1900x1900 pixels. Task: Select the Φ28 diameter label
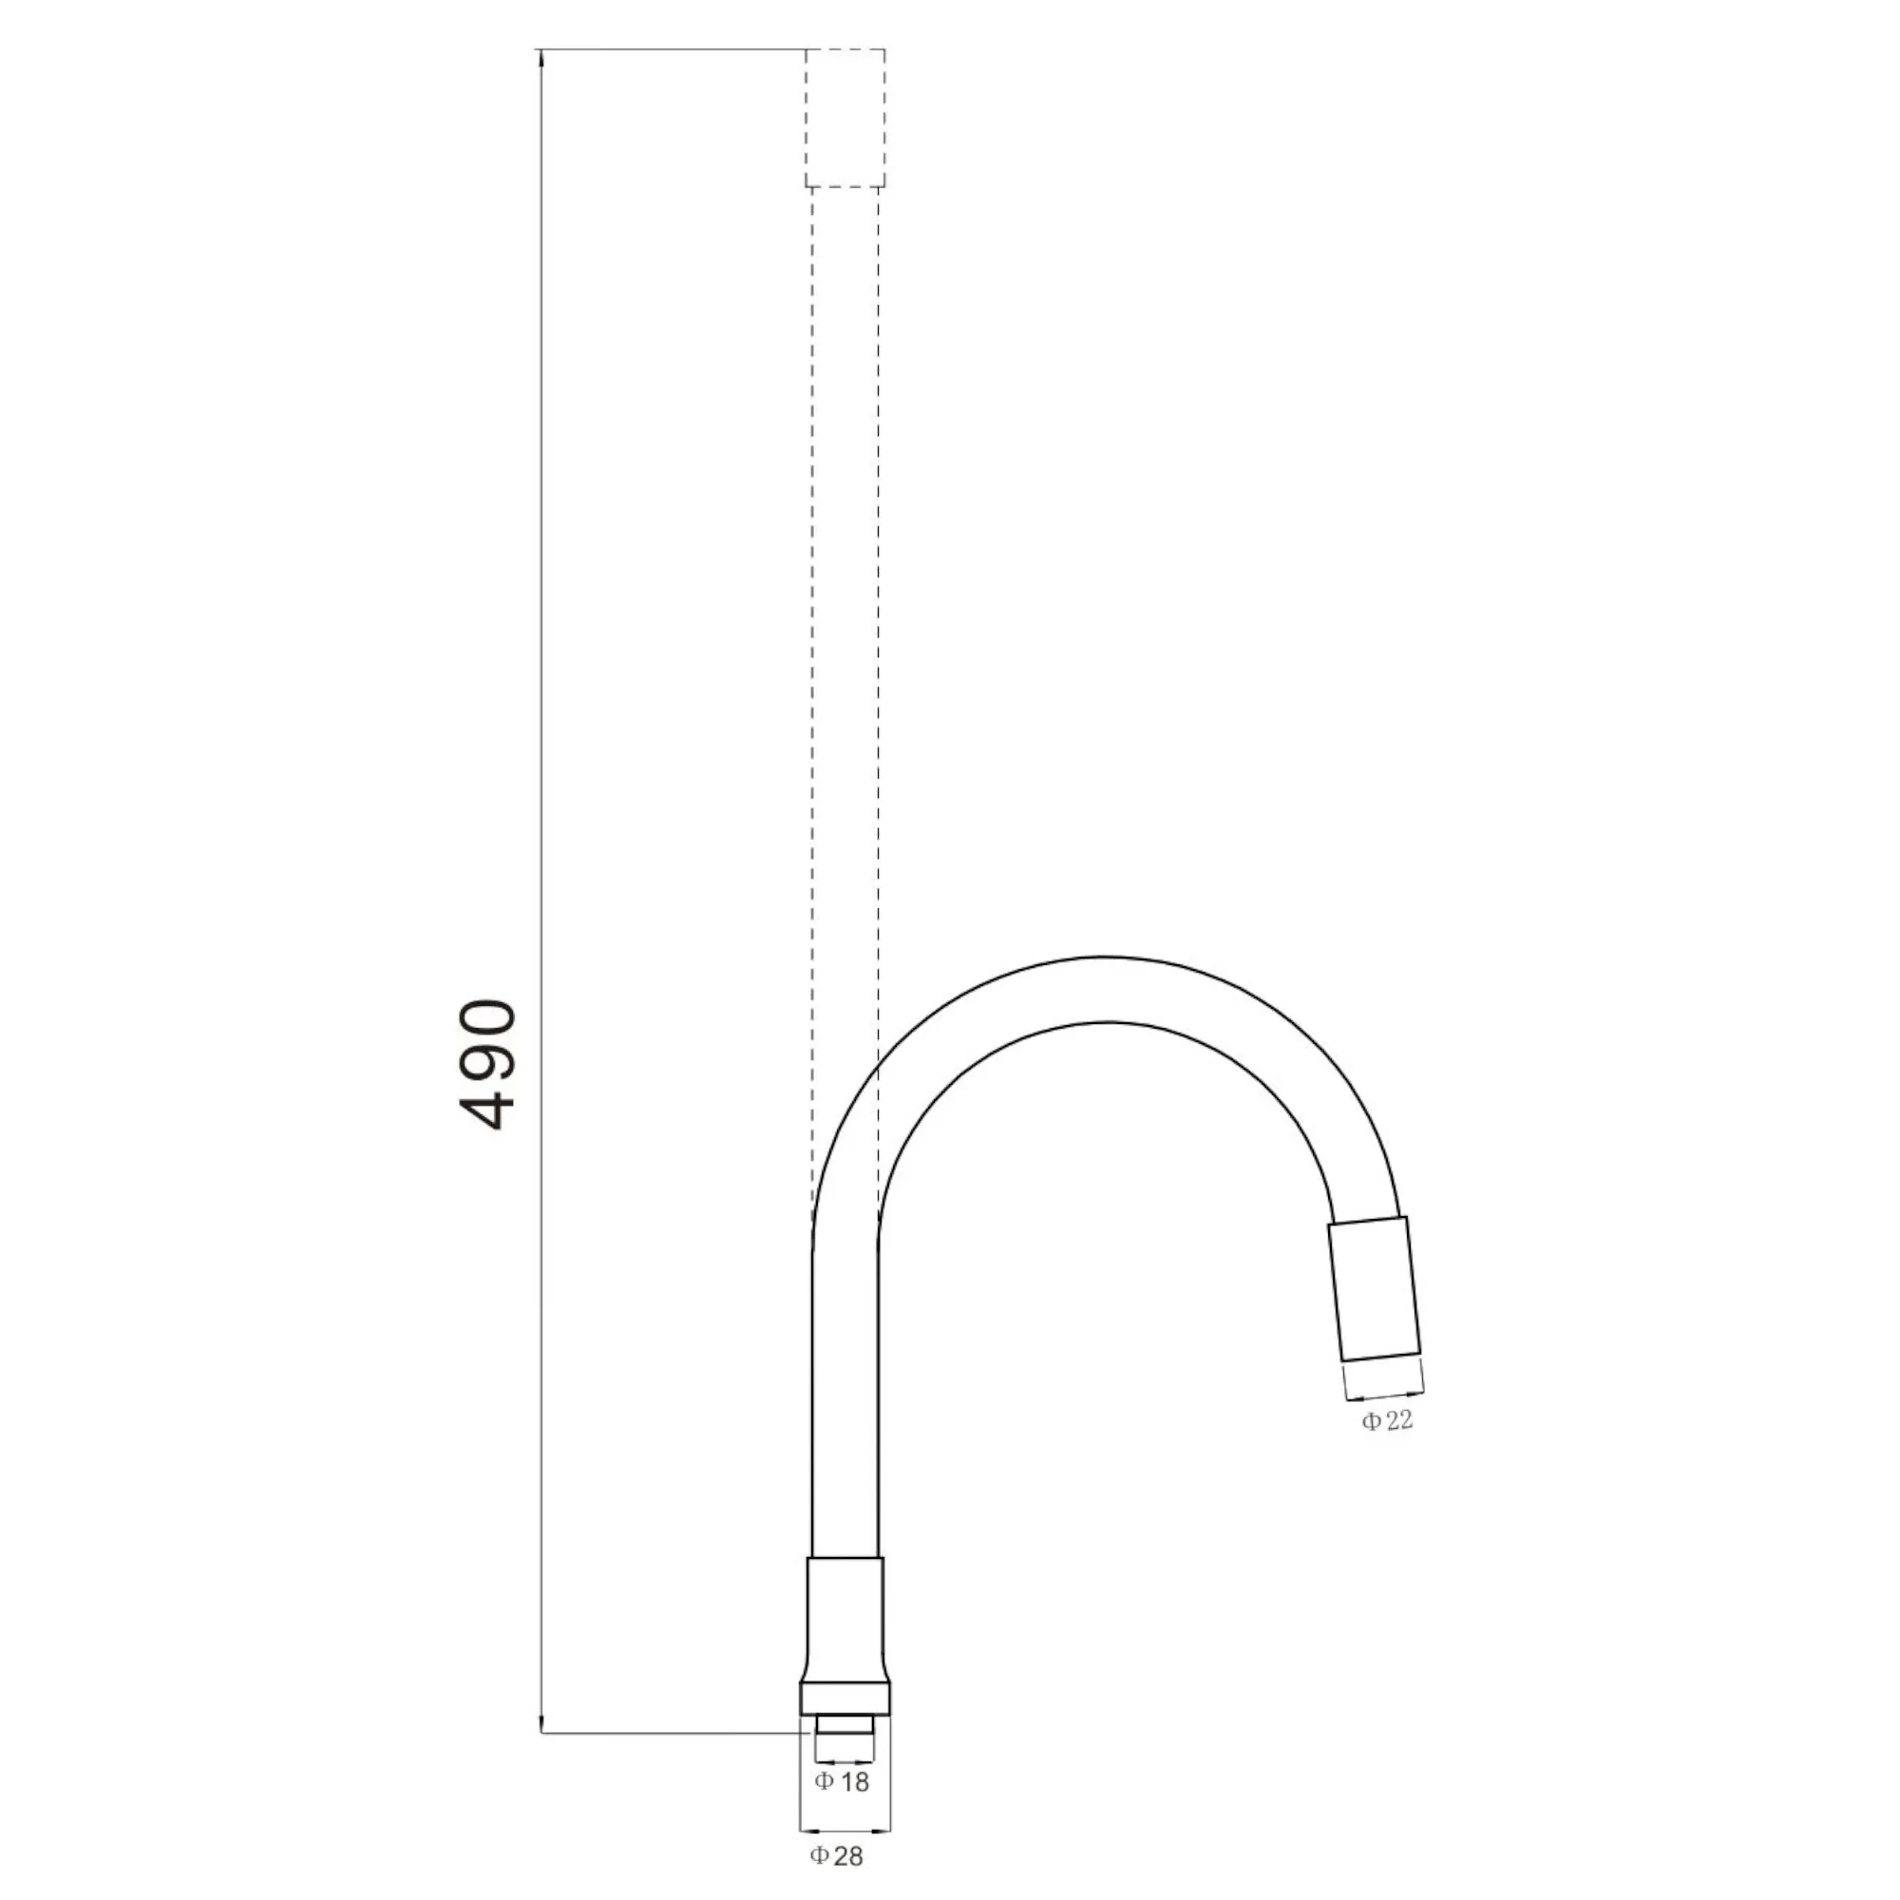click(837, 1855)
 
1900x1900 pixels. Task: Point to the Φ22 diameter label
click(1388, 1420)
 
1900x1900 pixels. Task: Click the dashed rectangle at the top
click(845, 118)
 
